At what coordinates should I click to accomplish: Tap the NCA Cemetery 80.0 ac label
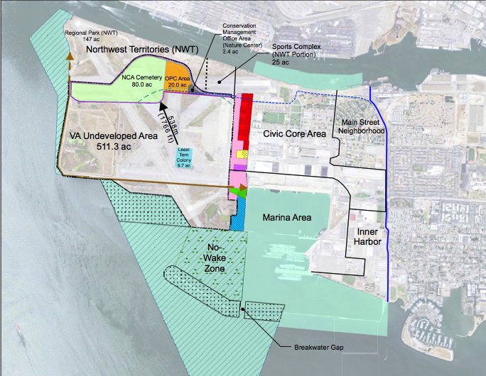(x=139, y=80)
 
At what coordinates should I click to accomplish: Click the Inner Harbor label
(x=367, y=237)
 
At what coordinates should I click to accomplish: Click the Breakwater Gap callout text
(x=318, y=348)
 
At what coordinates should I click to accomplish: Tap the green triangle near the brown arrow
(x=237, y=192)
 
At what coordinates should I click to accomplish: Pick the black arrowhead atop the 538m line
(x=162, y=105)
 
